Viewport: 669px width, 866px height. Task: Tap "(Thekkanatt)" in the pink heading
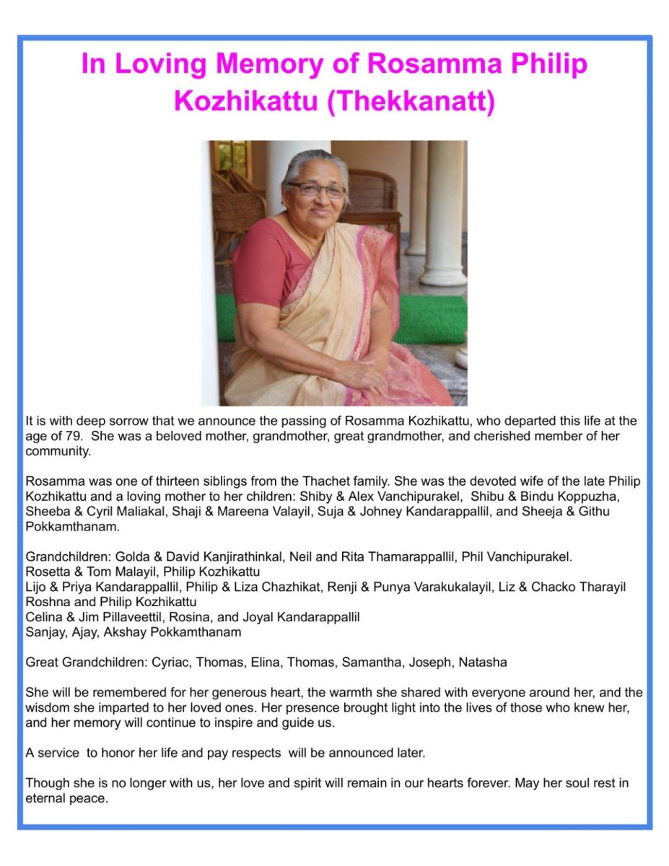[411, 101]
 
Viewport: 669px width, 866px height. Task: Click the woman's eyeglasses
[317, 190]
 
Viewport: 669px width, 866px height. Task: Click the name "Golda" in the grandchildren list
[126, 557]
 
